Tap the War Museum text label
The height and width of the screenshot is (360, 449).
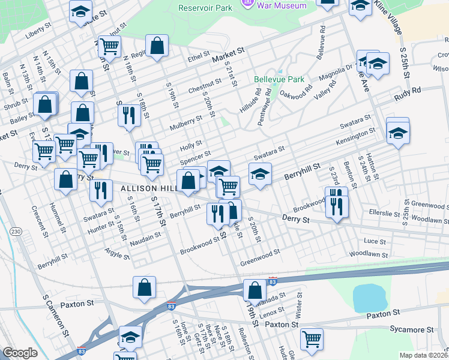click(281, 5)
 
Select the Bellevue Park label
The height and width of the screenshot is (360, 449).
click(279, 79)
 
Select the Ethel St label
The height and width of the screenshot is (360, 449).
click(197, 58)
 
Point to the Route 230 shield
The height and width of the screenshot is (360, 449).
click(16, 232)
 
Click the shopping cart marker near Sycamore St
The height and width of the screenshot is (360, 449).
click(312, 339)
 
